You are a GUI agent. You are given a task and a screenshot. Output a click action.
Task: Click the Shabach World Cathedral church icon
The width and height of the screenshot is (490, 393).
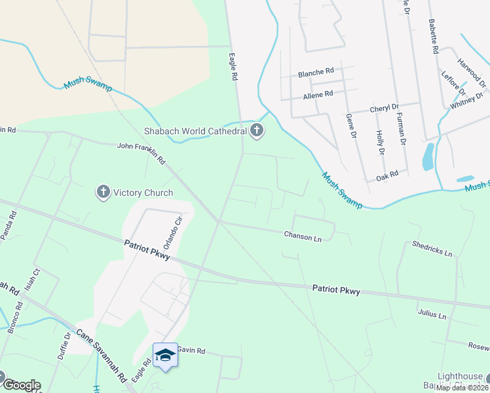[257, 131]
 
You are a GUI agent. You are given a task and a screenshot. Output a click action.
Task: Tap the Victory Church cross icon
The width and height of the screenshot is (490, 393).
[103, 193]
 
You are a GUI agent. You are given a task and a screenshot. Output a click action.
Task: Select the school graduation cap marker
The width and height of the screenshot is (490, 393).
[165, 355]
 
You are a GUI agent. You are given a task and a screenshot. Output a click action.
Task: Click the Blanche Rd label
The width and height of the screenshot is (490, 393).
[316, 73]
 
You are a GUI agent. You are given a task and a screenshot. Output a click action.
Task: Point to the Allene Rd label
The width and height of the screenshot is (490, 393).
[318, 94]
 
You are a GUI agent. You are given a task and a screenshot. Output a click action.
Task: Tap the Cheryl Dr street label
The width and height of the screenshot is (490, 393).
[384, 108]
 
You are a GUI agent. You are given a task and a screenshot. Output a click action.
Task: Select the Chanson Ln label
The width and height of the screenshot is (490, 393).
[302, 236]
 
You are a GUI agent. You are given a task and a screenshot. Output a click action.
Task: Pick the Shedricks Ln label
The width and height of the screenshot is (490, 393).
[432, 249]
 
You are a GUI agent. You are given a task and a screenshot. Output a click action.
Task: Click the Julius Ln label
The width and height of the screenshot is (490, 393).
[432, 314]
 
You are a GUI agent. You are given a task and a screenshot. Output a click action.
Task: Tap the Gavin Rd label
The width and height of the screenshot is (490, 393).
[191, 351]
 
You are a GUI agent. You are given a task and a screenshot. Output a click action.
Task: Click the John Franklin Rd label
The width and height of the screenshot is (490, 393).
[141, 153]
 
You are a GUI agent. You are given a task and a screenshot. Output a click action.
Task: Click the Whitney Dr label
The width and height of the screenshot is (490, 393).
[466, 101]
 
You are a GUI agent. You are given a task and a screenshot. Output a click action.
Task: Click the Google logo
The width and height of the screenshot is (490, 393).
[22, 384]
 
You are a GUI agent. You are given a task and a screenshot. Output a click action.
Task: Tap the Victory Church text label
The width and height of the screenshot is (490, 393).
[143, 193]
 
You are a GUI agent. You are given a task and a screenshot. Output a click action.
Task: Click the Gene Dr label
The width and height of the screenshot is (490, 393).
[351, 126]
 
